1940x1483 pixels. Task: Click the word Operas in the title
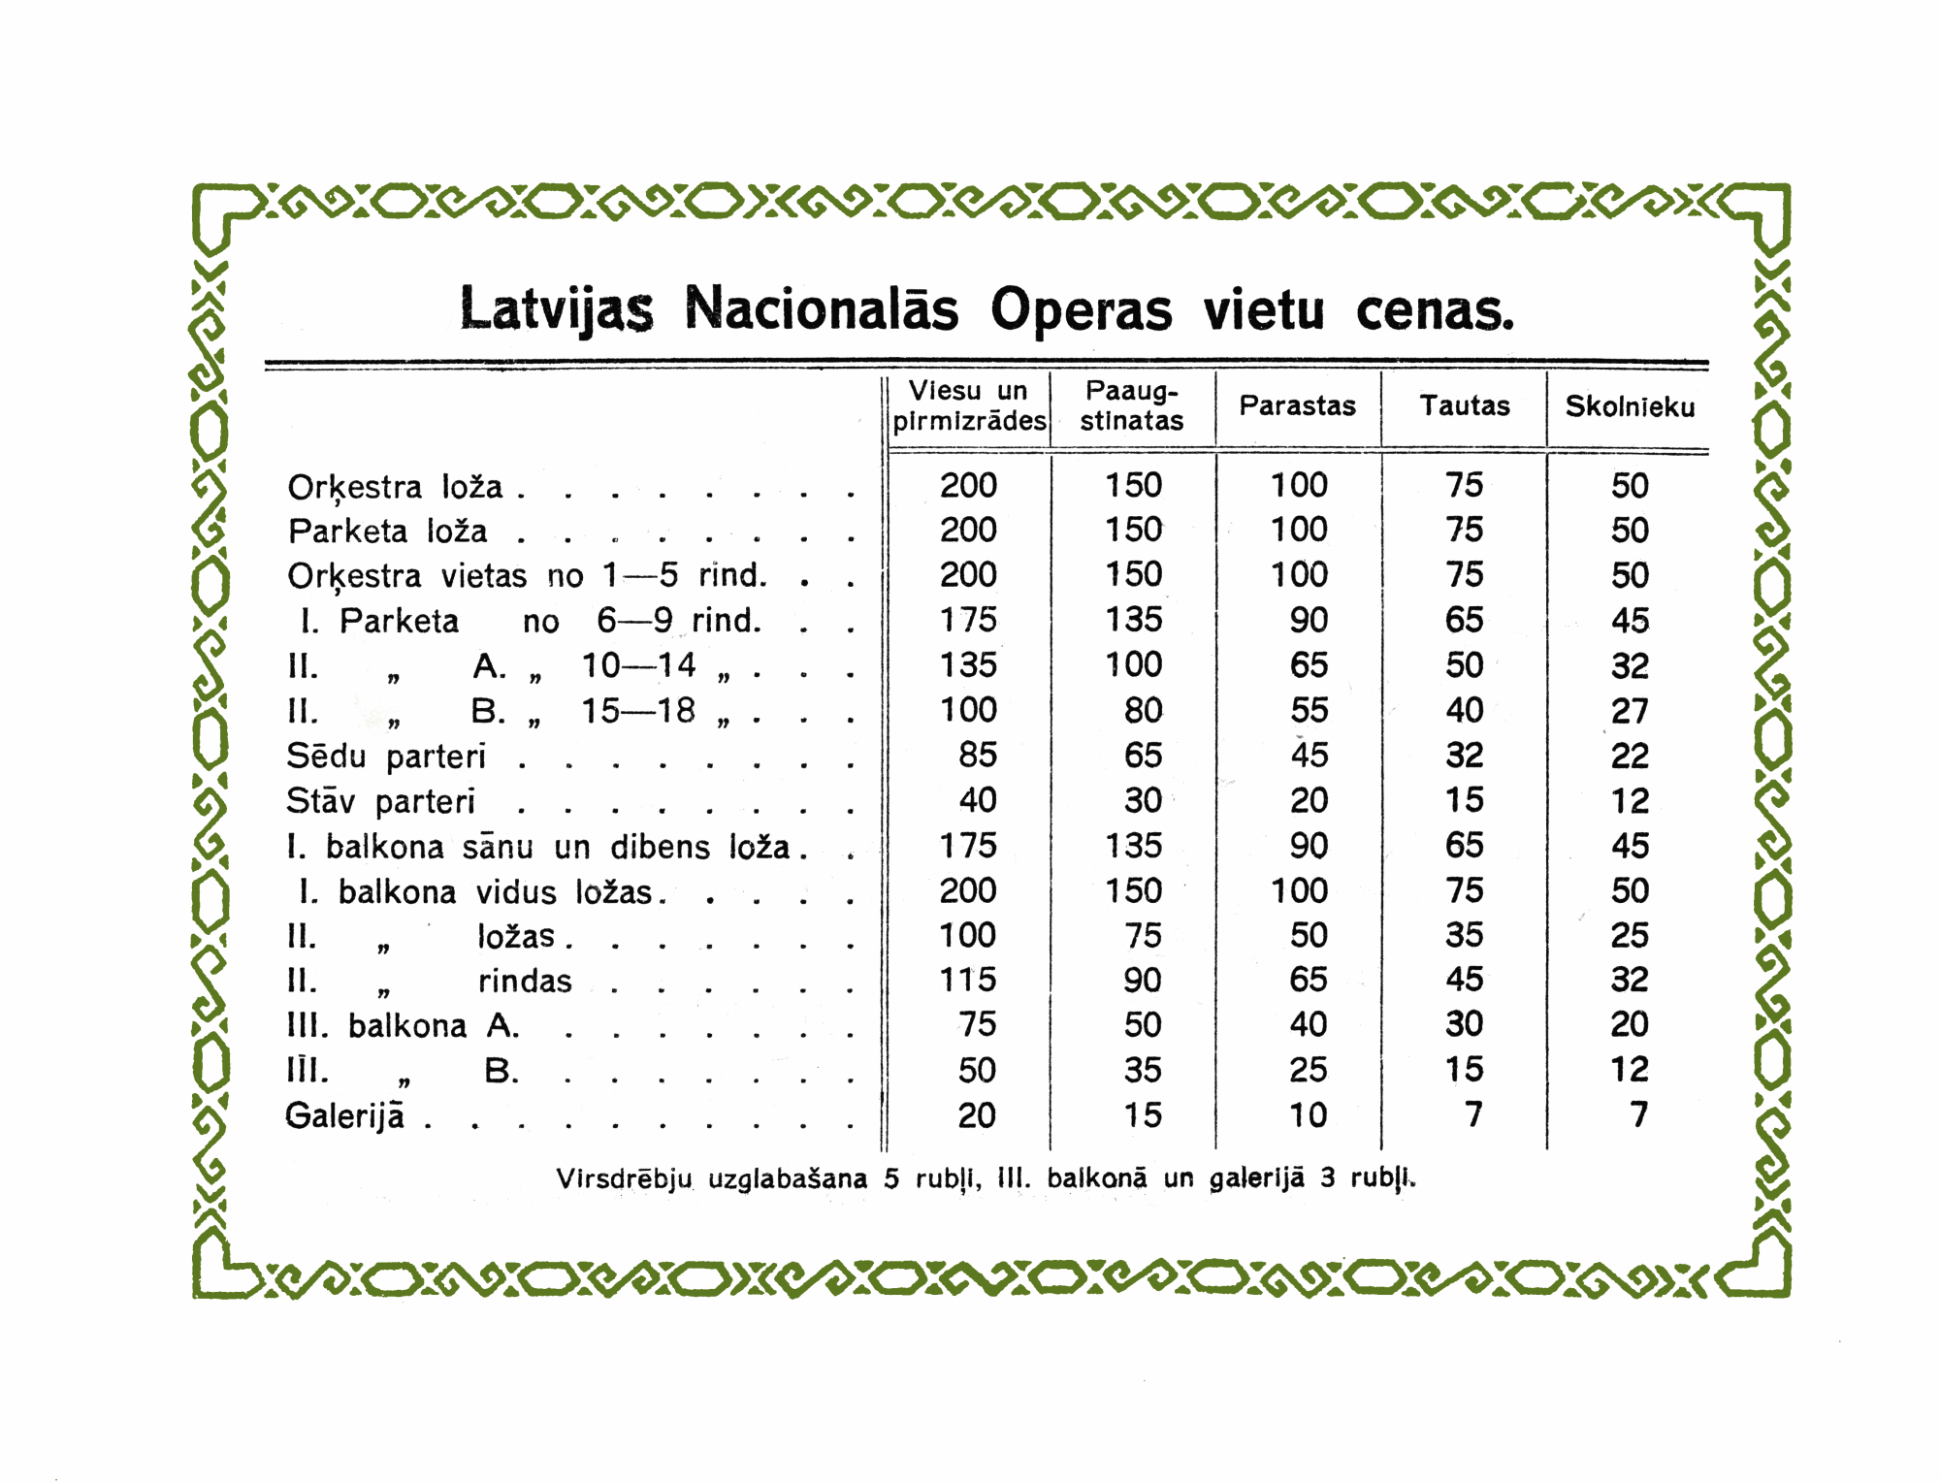[1081, 310]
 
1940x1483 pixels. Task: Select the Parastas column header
[1297, 405]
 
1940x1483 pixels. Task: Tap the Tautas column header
[1465, 405]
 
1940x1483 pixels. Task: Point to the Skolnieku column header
[1630, 406]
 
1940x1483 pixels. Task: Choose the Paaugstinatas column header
[1132, 405]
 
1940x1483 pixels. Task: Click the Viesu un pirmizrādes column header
[969, 405]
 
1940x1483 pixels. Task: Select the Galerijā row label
[345, 1115]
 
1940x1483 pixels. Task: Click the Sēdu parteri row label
[386, 756]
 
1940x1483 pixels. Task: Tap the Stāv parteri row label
[380, 801]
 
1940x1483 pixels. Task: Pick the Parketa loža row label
[387, 532]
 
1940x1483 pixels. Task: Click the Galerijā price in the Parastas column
[1308, 1114]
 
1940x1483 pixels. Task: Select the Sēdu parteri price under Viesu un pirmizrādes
[977, 755]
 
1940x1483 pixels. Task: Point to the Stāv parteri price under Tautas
[1464, 800]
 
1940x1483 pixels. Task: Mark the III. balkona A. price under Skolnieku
[1630, 1024]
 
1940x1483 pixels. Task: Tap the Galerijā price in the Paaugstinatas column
[1142, 1114]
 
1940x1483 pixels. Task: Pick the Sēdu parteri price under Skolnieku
[1630, 756]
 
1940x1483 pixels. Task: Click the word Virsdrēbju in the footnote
[624, 1178]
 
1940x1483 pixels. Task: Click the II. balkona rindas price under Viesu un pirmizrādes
[968, 980]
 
